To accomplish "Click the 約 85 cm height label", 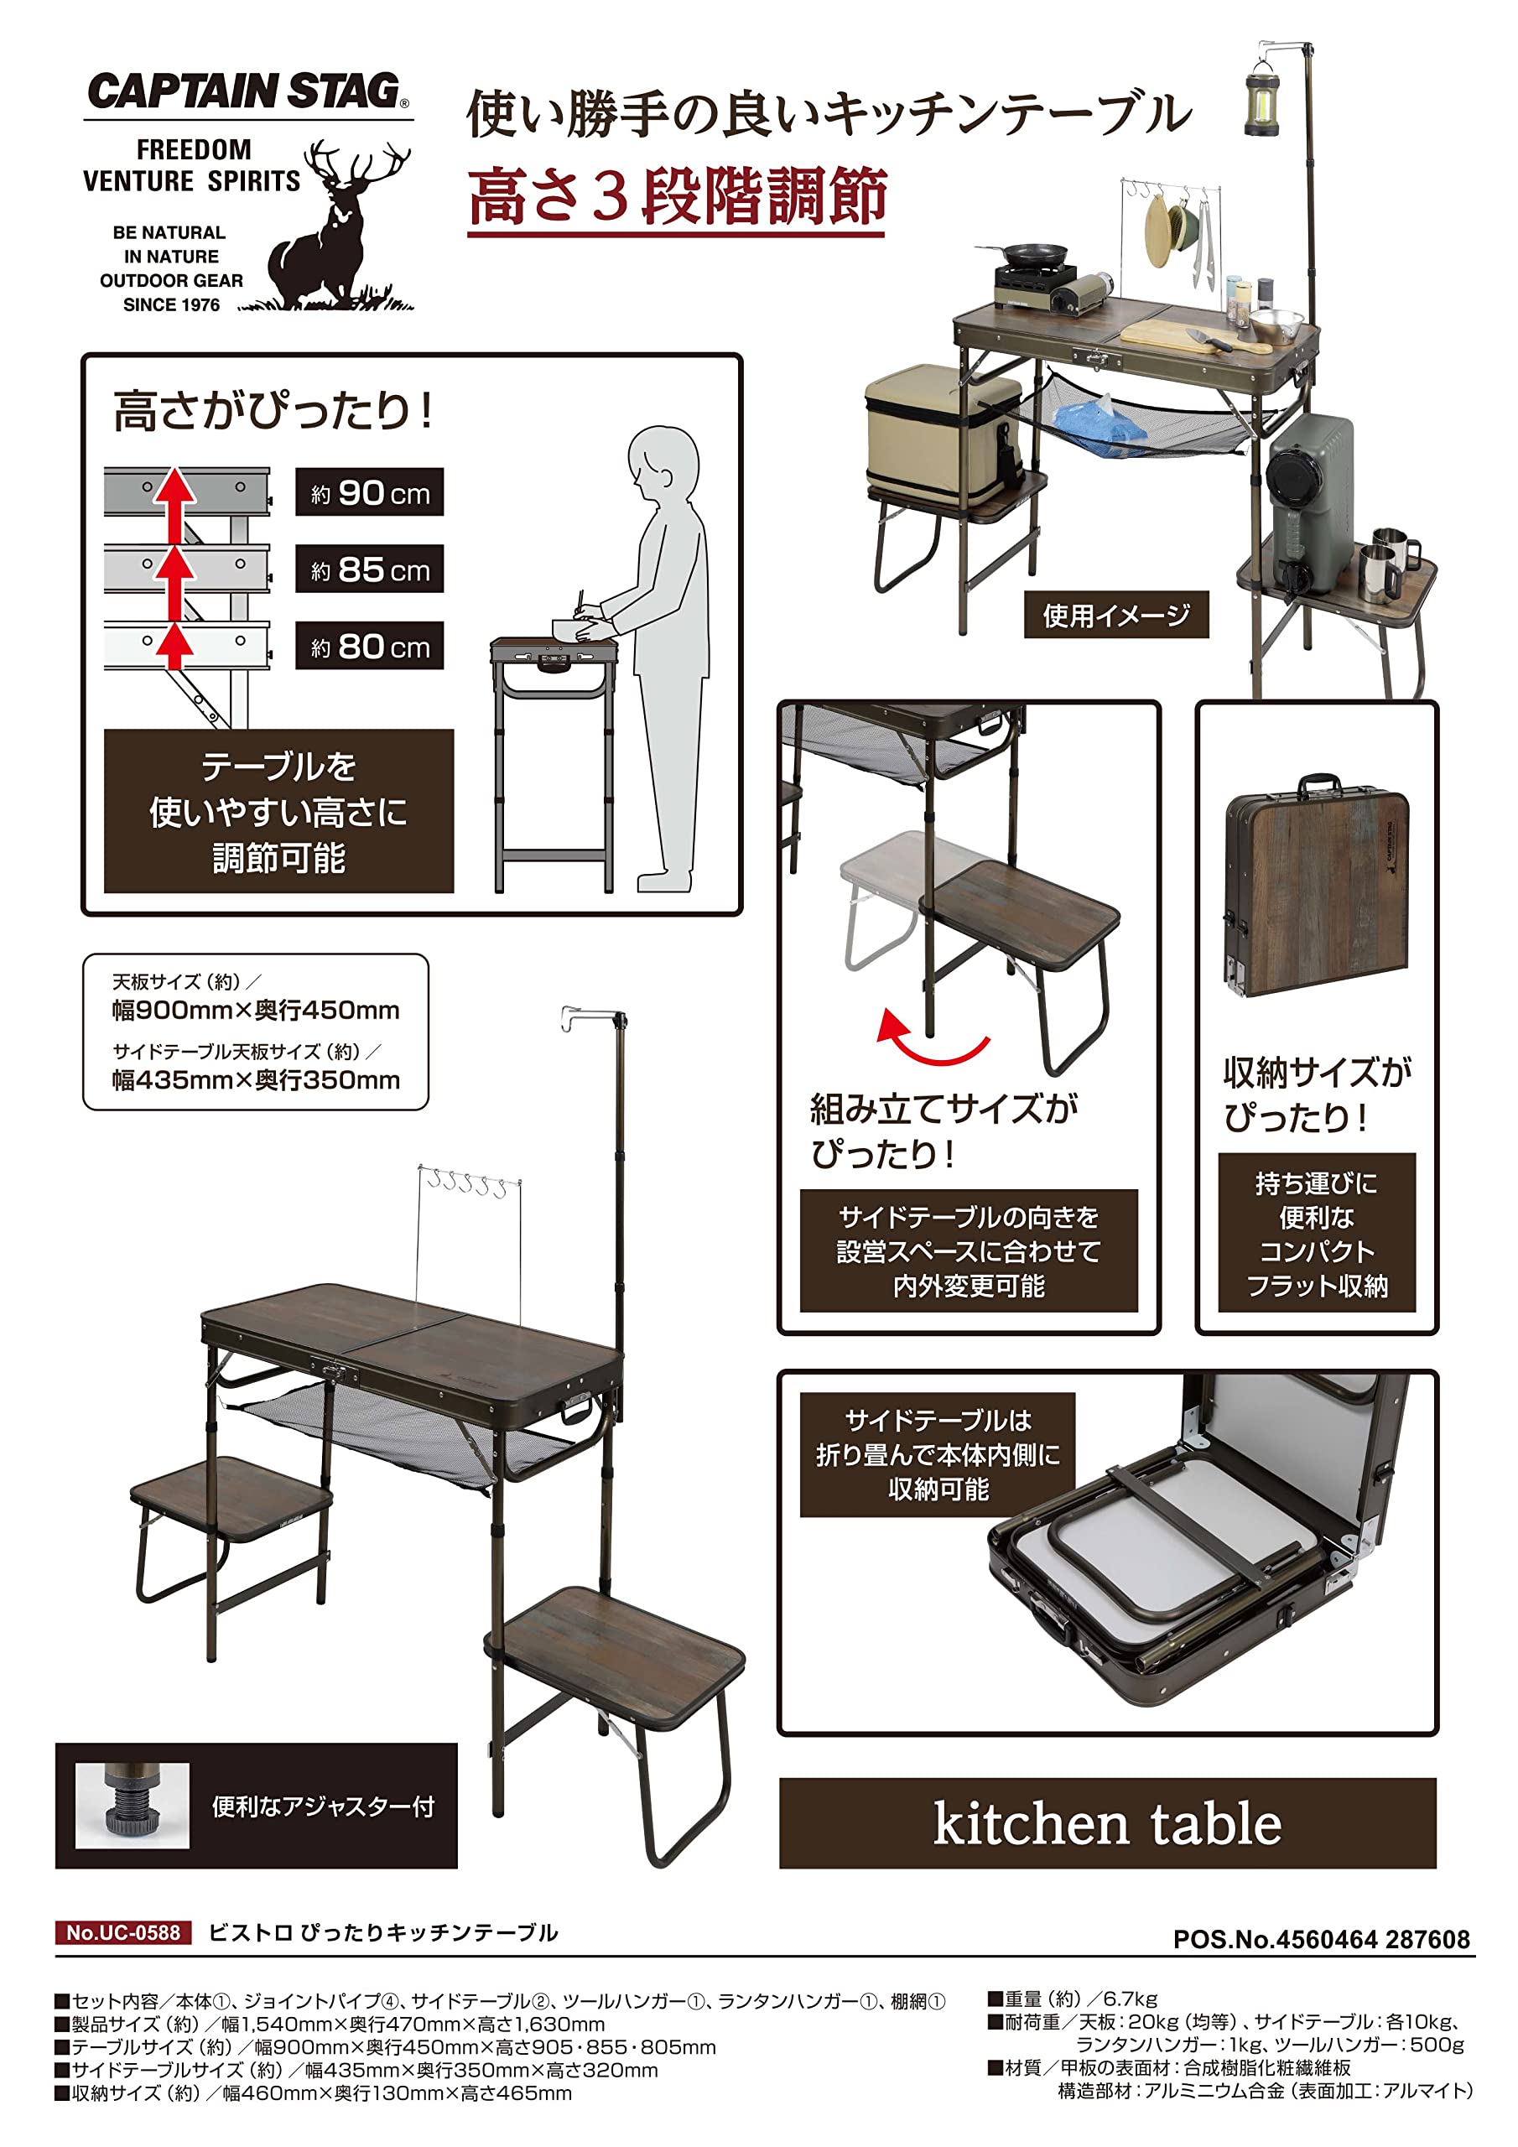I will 370,569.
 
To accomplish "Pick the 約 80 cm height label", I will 370,645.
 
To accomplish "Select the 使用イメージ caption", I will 1115,615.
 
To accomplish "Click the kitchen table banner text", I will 1107,1824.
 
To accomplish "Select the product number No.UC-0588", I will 123,1932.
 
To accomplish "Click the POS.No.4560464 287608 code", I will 1321,1938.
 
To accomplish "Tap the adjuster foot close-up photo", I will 132,1806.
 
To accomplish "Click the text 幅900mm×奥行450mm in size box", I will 255,1010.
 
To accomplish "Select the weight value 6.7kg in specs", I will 1130,1999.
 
